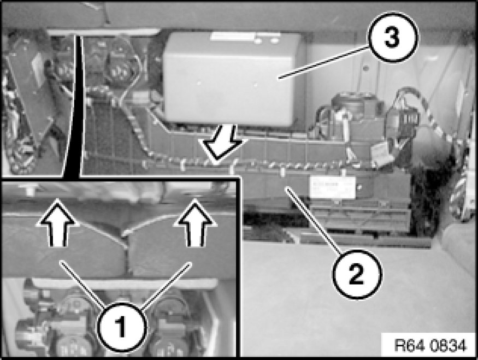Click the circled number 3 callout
tap(393, 39)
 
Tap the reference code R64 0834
tap(430, 345)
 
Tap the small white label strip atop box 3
tap(233, 37)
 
